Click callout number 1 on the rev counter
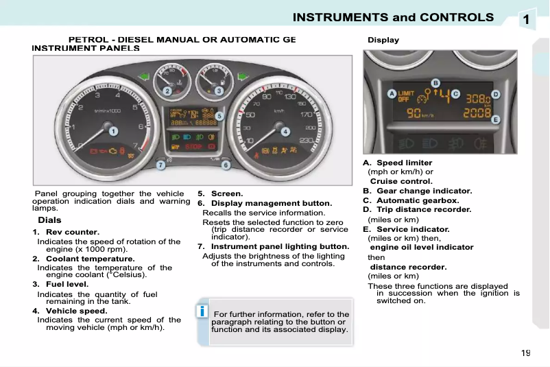pos(114,130)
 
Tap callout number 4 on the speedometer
pos(285,130)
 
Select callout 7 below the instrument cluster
pos(160,165)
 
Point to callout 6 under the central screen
pos(226,165)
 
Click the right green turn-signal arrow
pos(242,76)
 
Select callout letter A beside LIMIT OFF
pos(392,93)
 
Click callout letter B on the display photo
pos(435,83)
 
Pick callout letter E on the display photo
pos(495,119)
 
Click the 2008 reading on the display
pos(477,113)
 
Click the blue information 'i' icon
pos(202,312)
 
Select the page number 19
pos(525,353)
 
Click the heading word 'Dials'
pos(49,220)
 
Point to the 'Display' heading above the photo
pos(383,40)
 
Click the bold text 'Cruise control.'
pos(401,181)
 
